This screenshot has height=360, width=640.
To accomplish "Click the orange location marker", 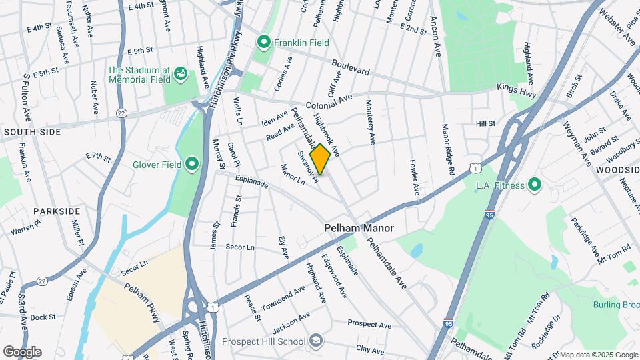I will tap(320, 159).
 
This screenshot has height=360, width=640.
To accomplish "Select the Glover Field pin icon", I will tap(192, 163).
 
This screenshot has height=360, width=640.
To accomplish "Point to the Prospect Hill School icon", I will tap(316, 341).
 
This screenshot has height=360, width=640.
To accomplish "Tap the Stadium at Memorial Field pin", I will tap(179, 75).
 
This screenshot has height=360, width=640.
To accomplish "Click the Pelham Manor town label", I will tap(359, 228).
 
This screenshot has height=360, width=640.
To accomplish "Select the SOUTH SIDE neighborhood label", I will tap(32, 132).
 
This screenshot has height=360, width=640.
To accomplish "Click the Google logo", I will tap(22, 352).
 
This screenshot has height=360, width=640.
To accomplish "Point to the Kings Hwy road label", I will tap(517, 91).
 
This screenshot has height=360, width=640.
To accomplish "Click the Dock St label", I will tap(43, 317).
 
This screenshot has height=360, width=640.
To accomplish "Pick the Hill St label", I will tap(485, 124).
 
